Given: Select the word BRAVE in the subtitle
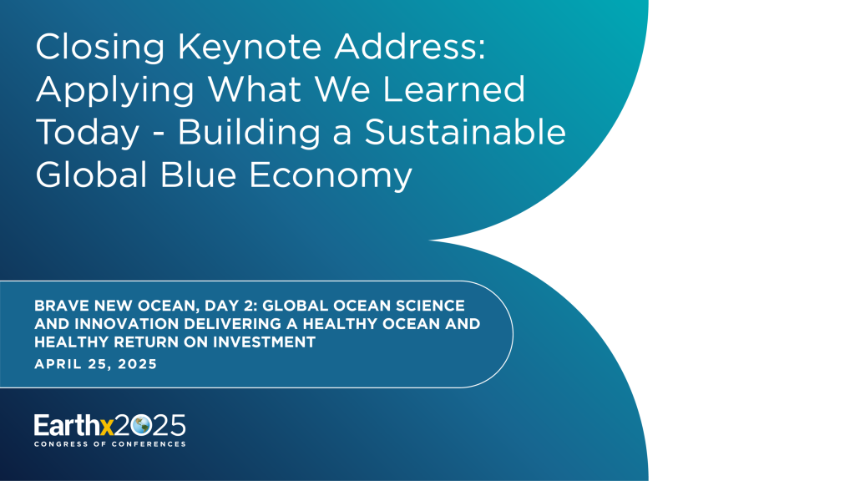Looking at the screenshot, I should (60, 306).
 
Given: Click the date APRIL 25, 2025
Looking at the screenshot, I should (95, 364).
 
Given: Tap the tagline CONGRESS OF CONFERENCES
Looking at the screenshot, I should (109, 444).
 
